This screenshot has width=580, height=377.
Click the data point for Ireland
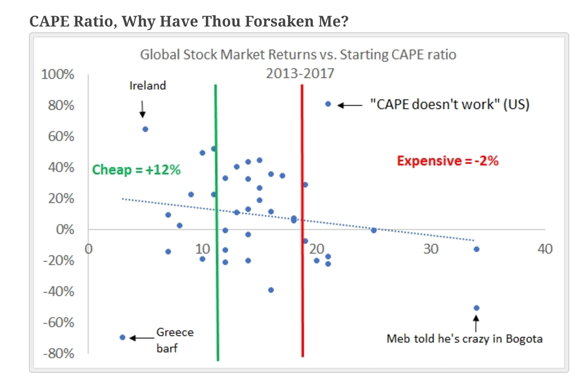coord(145,129)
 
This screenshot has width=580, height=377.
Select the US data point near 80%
coord(328,104)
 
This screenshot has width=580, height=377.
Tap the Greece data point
coord(122,338)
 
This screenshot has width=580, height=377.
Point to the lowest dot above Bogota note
coord(476,308)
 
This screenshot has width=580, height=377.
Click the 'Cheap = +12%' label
coord(136,170)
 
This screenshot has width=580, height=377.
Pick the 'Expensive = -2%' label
coord(447,161)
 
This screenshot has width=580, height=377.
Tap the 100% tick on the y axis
coord(58,75)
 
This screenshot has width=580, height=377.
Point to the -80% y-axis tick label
coord(58,353)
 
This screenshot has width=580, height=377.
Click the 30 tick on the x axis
coord(431,249)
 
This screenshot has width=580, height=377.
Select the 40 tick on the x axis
coord(545,249)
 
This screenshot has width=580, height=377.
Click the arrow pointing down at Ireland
coord(143,109)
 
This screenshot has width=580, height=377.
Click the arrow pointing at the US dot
coord(350,105)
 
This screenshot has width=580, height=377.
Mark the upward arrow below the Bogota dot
coord(476,323)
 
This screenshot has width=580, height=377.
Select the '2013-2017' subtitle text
coord(300,73)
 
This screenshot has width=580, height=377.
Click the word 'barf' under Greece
coord(167,348)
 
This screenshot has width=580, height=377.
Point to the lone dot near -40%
coord(271,290)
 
